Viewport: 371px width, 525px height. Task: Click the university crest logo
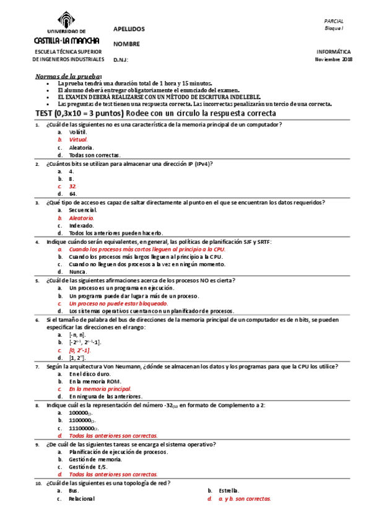68,17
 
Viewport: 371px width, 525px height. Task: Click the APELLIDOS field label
129,29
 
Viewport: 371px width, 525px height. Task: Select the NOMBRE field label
126,44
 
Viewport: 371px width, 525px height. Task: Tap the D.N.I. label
121,59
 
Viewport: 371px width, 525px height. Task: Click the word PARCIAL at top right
342,21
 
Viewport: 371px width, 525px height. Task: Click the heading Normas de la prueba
62,76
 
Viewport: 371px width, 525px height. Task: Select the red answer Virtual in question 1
78,140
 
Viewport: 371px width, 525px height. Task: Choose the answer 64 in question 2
72,194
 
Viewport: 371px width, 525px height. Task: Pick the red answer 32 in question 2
72,186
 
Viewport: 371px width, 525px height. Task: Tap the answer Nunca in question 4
78,271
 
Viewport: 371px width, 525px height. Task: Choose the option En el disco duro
90,374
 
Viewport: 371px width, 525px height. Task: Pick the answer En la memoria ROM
95,381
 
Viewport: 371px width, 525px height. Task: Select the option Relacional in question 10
82,498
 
